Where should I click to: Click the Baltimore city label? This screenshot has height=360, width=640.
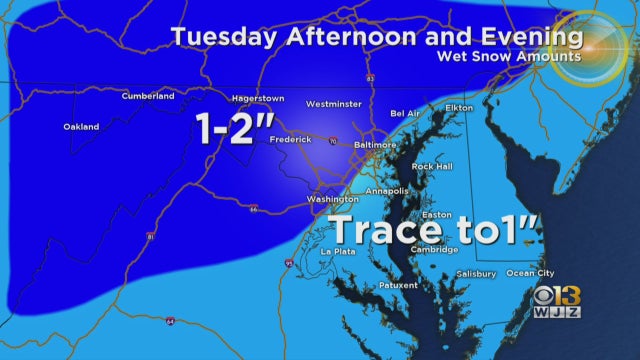click(376, 145)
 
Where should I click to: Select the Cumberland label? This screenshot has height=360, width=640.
click(148, 96)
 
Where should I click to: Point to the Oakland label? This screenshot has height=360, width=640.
click(81, 127)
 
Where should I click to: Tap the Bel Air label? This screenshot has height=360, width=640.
click(405, 114)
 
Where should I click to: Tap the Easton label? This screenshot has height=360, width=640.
click(437, 214)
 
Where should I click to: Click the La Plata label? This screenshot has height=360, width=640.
click(337, 251)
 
